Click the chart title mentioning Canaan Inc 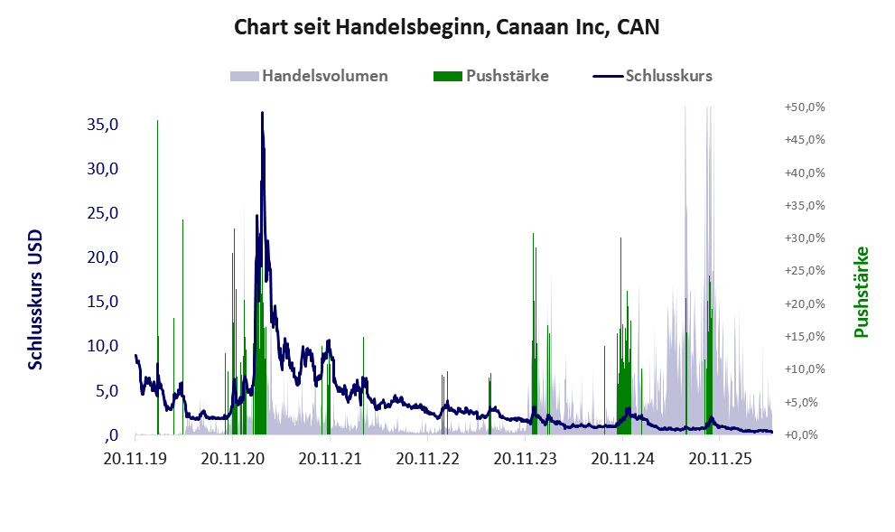446,27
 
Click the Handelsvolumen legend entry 309,76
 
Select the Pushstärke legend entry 491,76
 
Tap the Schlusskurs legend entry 652,76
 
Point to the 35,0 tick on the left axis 103,125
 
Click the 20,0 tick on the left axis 103,257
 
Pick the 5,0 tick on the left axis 107,391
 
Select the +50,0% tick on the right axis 805,107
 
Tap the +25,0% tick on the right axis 805,271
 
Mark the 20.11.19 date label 135,458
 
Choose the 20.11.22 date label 427,458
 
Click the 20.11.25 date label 721,458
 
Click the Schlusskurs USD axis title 35,300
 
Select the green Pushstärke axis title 862,292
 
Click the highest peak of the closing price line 262,113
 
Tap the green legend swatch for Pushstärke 448,76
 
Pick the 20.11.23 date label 525,458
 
